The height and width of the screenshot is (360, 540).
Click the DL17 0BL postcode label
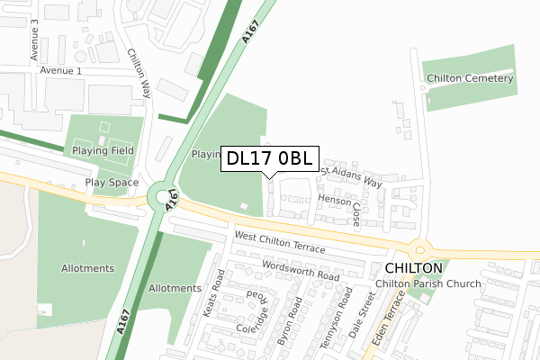(269, 159)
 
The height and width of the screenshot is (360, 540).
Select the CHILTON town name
(414, 268)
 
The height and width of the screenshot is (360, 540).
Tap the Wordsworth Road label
(301, 271)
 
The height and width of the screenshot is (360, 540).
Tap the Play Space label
(112, 183)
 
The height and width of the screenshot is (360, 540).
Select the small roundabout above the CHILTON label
(418, 248)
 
